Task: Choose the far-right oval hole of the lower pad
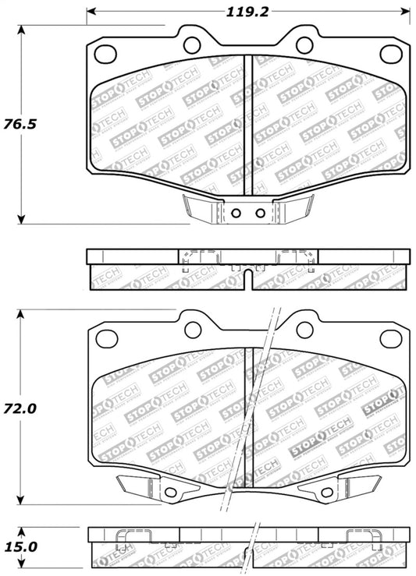[390, 337]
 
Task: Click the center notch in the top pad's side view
[247, 273]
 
